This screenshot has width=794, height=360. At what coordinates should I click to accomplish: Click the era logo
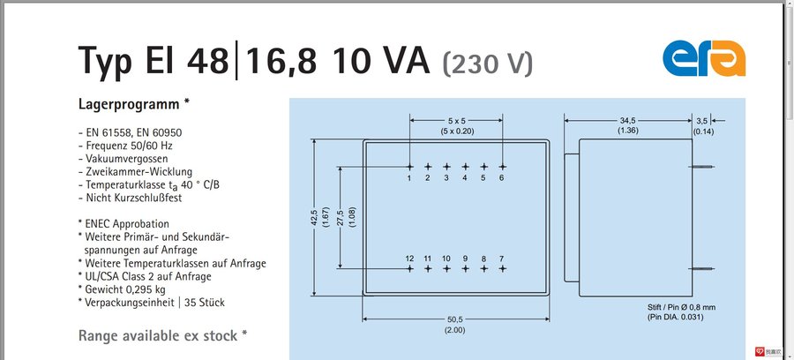(x=704, y=58)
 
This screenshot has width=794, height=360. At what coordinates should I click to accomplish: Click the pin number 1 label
(x=409, y=178)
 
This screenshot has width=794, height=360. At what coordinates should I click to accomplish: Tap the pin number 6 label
(x=502, y=178)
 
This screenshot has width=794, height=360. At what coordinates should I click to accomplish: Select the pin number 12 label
(x=409, y=258)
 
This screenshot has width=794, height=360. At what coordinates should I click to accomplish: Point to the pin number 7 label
(x=502, y=258)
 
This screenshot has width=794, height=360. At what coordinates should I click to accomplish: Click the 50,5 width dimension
(x=456, y=319)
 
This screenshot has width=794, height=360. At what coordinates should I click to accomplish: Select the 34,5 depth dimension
(x=628, y=120)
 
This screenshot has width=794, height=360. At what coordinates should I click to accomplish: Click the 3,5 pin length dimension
(x=703, y=120)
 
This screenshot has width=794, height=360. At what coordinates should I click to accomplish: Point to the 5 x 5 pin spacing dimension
(x=456, y=120)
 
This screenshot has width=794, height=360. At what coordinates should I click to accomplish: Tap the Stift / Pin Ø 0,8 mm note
(x=681, y=306)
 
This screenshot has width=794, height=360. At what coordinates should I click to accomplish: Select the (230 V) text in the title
(x=488, y=63)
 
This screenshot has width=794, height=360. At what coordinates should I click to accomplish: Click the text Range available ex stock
(x=159, y=335)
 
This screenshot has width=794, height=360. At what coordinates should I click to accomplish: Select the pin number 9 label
(x=465, y=258)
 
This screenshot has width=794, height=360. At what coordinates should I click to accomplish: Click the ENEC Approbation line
(x=125, y=223)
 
